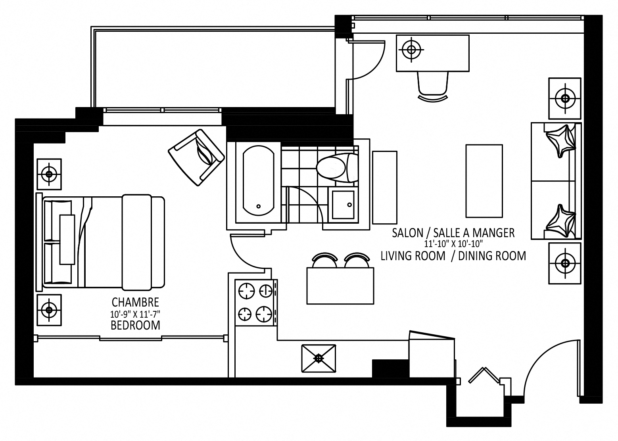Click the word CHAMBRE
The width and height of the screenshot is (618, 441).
click(135, 302)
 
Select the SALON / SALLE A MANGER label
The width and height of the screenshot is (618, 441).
click(453, 232)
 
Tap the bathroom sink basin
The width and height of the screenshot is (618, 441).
click(343, 205)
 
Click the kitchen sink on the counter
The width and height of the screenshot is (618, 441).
click(319, 358)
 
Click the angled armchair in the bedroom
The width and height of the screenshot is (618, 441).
click(197, 157)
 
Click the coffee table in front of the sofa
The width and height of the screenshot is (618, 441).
click(484, 181)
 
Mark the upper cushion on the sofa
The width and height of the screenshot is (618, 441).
click(560, 141)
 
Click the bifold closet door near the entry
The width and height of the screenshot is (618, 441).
click(483, 375)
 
